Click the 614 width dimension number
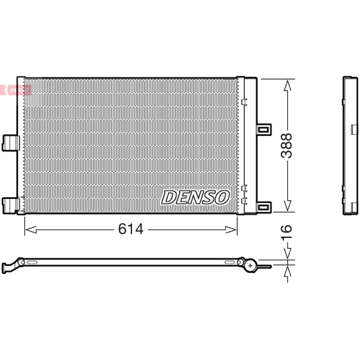(130, 229)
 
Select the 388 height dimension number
(286, 146)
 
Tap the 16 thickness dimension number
(286, 232)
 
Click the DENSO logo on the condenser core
(195, 197)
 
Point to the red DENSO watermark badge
(16, 90)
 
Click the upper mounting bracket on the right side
(264, 130)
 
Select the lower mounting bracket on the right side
(264, 207)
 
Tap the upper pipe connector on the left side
(10, 143)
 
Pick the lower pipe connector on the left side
(10, 206)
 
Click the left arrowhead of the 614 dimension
(31, 229)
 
